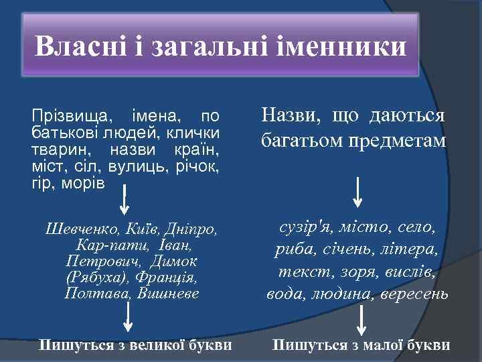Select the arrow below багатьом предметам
[359, 191]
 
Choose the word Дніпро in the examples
[195, 230]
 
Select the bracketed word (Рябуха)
[92, 277]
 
